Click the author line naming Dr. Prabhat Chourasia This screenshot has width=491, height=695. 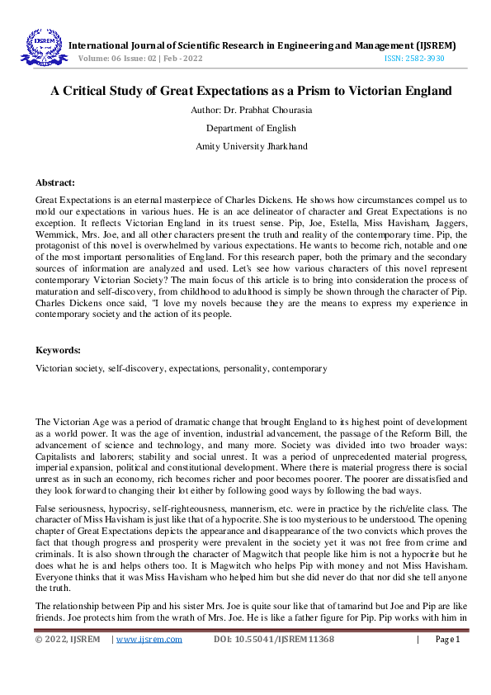click(245, 111)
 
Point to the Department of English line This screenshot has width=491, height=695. click(245, 128)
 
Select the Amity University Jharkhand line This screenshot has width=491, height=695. click(245, 145)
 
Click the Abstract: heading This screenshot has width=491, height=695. click(55, 182)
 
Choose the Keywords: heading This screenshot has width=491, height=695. click(57, 350)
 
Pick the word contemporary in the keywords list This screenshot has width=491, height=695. click(299, 367)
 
